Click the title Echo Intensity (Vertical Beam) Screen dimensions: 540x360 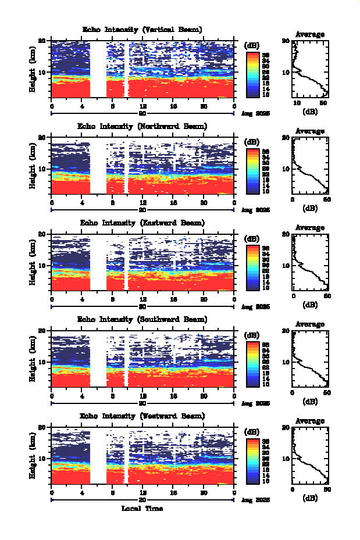pyautogui.click(x=142, y=30)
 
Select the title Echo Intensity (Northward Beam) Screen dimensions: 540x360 pyautogui.click(x=142, y=126)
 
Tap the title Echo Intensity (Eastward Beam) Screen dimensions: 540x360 pyautogui.click(x=142, y=223)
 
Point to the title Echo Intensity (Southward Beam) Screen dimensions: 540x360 pyautogui.click(x=142, y=319)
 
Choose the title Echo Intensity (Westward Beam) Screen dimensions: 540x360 pyautogui.click(x=142, y=416)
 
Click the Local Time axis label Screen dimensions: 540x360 pyautogui.click(x=142, y=509)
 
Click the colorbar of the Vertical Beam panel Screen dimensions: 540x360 pyautogui.click(x=252, y=74)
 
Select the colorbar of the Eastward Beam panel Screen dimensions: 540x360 pyautogui.click(x=252, y=267)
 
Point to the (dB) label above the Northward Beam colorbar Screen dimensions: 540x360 pyautogui.click(x=252, y=142)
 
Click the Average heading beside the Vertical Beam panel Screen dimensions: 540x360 pyautogui.click(x=310, y=34)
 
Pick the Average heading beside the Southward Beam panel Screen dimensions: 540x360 pyautogui.click(x=310, y=324)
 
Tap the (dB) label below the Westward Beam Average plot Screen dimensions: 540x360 pyautogui.click(x=310, y=498)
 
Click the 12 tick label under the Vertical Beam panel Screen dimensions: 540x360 pyautogui.click(x=142, y=106)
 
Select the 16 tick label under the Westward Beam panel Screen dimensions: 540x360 pyautogui.click(x=173, y=492)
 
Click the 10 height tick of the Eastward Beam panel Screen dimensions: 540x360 pyautogui.click(x=42, y=265)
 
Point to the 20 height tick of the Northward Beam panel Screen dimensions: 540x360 pyautogui.click(x=42, y=137)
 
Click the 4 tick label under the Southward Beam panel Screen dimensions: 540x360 pyautogui.click(x=82, y=396)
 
